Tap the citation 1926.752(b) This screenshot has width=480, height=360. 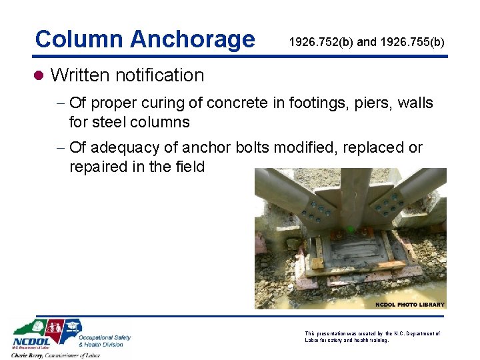(x=321, y=42)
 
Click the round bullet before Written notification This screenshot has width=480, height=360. (x=39, y=75)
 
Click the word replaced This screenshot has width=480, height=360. (x=374, y=147)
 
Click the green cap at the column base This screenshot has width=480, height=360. (x=350, y=231)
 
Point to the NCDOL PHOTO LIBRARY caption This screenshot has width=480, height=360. (x=409, y=305)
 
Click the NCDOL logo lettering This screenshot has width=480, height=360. (x=29, y=343)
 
